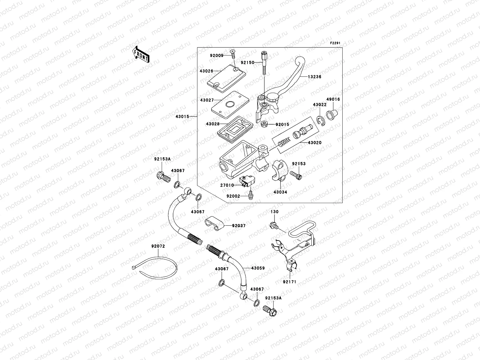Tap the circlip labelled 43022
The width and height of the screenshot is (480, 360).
tap(321, 120)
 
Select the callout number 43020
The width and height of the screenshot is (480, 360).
tap(315, 143)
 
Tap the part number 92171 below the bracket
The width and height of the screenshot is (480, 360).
tap(289, 282)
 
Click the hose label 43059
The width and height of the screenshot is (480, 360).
tap(258, 268)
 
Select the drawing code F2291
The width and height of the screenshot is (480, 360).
tap(336, 43)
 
